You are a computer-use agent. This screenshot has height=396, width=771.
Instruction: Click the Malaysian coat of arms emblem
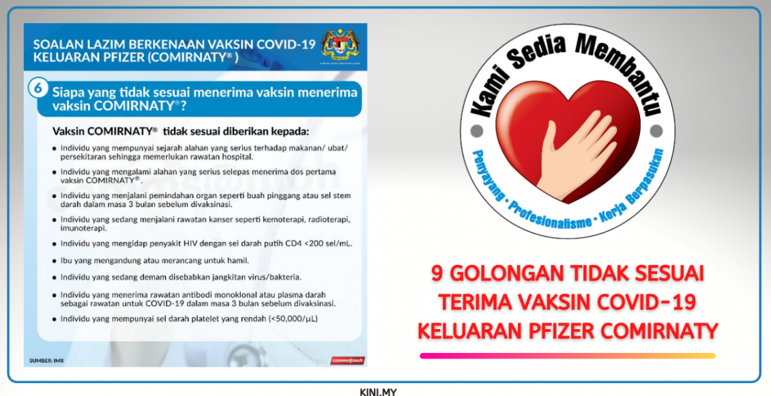338,45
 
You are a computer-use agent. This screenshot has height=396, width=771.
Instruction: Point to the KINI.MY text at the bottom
378,391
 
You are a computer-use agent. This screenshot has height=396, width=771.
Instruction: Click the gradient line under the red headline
567,356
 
